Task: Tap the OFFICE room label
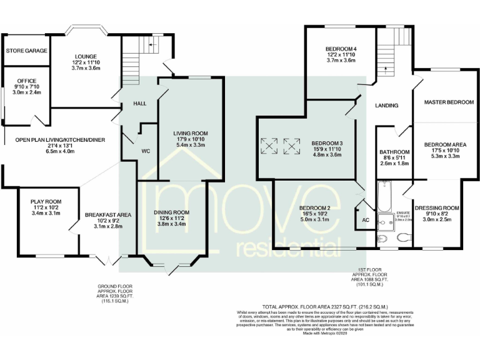tap(26, 81)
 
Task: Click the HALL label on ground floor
tap(139, 103)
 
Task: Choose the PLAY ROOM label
tap(43, 201)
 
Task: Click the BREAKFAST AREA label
tap(107, 215)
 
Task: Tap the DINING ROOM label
tap(172, 212)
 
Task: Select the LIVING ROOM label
tap(190, 133)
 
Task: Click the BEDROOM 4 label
tap(341, 49)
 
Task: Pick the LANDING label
tap(387, 105)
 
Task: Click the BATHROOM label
tap(395, 152)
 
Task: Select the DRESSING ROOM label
tap(437, 207)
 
